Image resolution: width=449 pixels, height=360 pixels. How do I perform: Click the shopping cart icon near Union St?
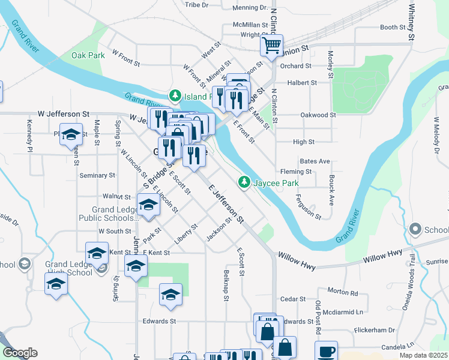point(272,44)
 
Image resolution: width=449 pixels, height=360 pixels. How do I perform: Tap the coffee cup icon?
point(326,352)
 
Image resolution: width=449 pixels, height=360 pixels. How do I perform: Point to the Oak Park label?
point(88,55)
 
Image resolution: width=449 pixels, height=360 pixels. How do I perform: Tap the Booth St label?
point(393,28)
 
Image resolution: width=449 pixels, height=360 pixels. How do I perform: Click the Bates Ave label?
point(315,161)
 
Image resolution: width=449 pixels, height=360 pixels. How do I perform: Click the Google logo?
point(20,353)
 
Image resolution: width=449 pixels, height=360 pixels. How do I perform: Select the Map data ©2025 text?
point(423,355)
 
